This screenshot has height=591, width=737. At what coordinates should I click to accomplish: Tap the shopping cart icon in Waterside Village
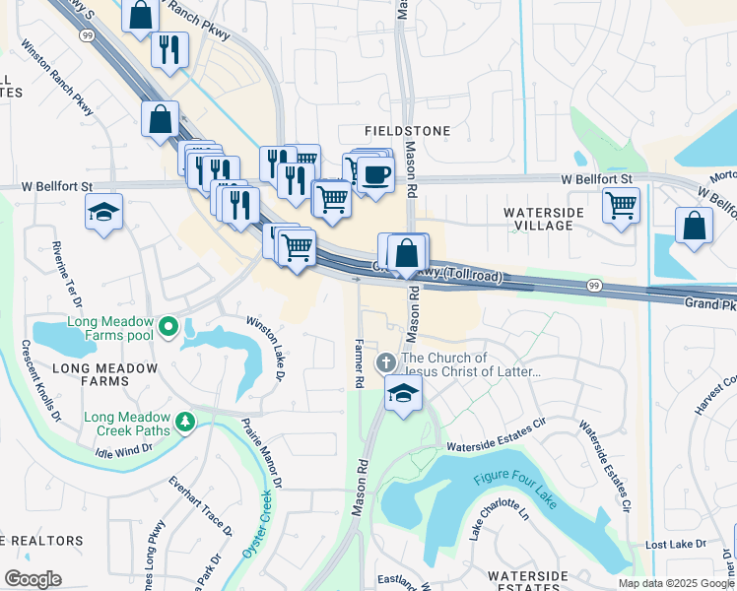(x=621, y=206)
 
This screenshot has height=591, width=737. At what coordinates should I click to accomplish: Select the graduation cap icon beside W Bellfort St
(x=103, y=212)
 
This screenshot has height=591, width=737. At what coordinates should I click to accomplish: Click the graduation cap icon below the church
(x=403, y=394)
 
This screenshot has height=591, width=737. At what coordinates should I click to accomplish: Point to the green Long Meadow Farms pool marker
(x=169, y=324)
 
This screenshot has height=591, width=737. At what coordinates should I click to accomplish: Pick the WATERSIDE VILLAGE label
(x=537, y=219)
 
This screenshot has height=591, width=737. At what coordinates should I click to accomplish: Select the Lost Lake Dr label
(x=675, y=544)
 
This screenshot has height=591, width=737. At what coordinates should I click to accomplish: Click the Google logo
(x=33, y=579)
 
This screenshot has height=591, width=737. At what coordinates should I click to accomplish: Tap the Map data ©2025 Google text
(x=675, y=583)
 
